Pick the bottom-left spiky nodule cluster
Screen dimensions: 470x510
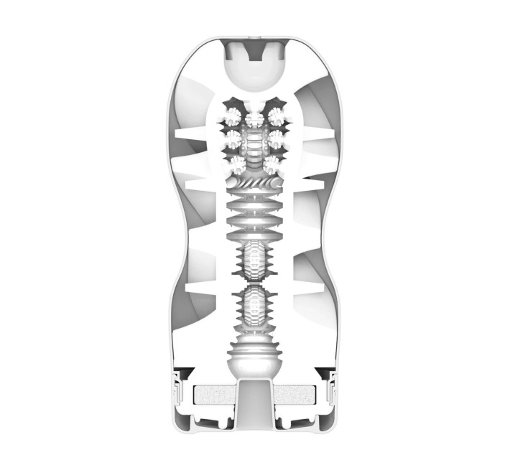click(x=235, y=164)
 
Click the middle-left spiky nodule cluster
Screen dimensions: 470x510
click(x=233, y=136)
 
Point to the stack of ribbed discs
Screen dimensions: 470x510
click(x=255, y=219)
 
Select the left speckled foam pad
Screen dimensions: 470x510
click(x=215, y=395)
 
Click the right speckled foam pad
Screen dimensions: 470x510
click(x=295, y=395)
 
